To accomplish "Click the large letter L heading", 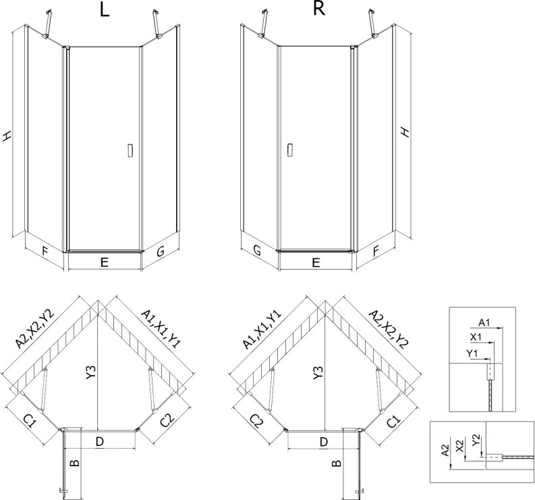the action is (105, 10).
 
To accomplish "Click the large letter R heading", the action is (319, 9).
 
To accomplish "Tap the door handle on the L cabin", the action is (130, 151).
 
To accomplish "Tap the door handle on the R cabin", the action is (290, 150).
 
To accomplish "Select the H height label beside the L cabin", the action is (7, 136).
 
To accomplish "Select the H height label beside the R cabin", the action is (405, 132).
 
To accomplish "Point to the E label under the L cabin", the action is (105, 262).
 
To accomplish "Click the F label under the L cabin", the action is (45, 251).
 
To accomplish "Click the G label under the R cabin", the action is (257, 251).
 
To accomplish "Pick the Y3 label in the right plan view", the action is (318, 372).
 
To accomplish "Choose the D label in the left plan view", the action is (99, 442).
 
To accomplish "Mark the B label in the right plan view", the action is (337, 464).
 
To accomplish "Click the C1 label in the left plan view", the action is (30, 421).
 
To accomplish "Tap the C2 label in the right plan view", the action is (257, 421).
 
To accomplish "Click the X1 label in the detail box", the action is (476, 337).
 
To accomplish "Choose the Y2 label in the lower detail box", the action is (476, 440).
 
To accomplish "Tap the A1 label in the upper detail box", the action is (484, 322).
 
